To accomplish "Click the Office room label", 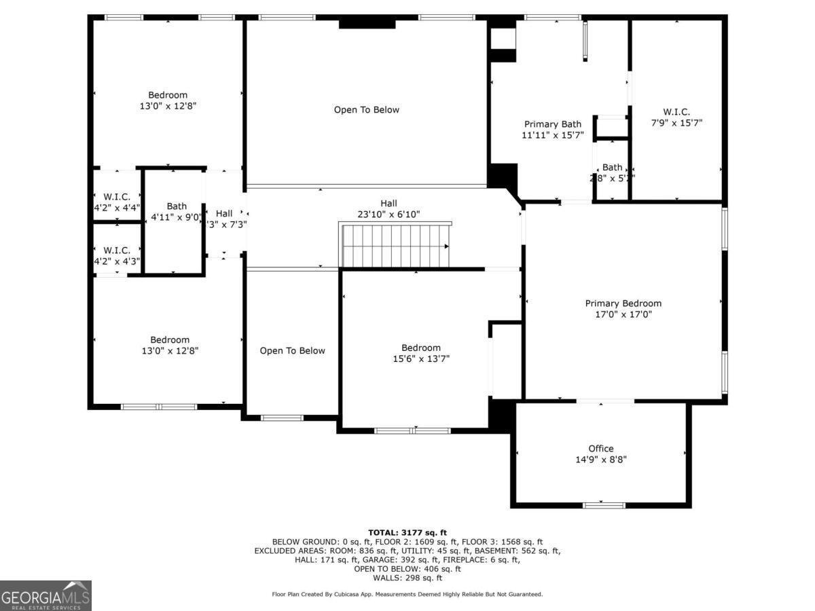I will click(600, 448).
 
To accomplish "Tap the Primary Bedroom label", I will click(623, 303).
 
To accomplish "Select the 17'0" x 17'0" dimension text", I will click(623, 314).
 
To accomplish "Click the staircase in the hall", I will click(395, 245).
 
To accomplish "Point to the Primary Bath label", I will click(552, 124).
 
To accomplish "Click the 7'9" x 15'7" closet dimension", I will click(676, 123).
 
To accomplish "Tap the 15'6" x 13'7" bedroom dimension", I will click(420, 358).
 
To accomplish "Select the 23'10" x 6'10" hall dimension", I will click(388, 215).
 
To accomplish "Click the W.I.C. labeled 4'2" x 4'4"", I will click(117, 202).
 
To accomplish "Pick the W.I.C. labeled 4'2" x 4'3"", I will click(117, 256).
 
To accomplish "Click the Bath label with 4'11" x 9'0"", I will click(177, 206).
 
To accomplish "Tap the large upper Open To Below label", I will click(366, 109).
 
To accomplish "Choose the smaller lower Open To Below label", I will click(292, 350).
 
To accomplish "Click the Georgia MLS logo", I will click(46, 595).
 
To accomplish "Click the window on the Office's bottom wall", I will click(604, 504).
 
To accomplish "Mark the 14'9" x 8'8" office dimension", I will click(600, 460).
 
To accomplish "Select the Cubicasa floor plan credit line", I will click(407, 594).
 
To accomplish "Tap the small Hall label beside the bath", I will click(224, 213).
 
